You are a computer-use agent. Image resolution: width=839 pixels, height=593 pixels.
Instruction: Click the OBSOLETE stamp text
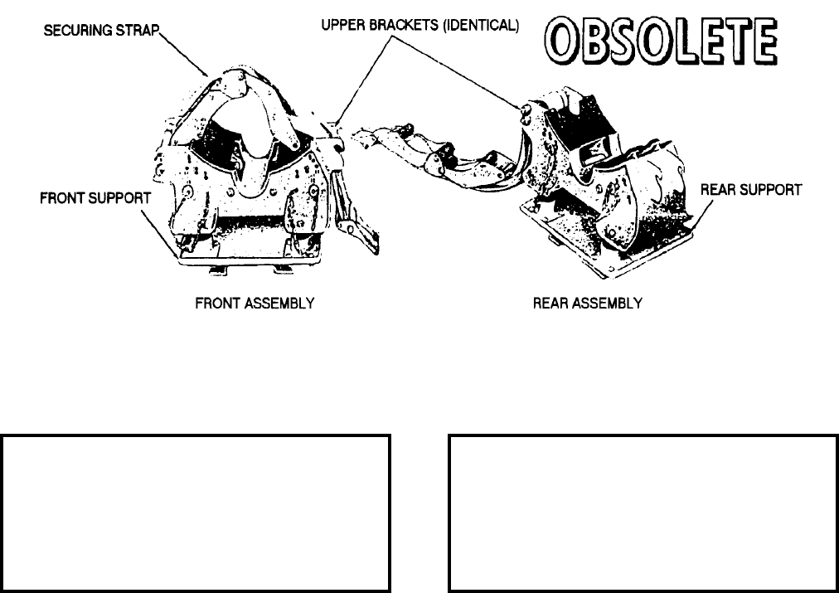[660, 44]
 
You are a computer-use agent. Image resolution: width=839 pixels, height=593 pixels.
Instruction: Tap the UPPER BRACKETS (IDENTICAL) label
[419, 27]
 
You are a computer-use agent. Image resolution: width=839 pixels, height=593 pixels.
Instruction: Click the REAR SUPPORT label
[751, 190]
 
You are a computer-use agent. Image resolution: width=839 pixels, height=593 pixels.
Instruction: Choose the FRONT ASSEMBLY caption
[255, 304]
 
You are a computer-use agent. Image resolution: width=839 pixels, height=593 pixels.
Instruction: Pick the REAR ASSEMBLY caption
[587, 304]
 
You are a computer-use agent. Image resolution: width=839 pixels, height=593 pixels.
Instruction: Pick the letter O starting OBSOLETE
[560, 44]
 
